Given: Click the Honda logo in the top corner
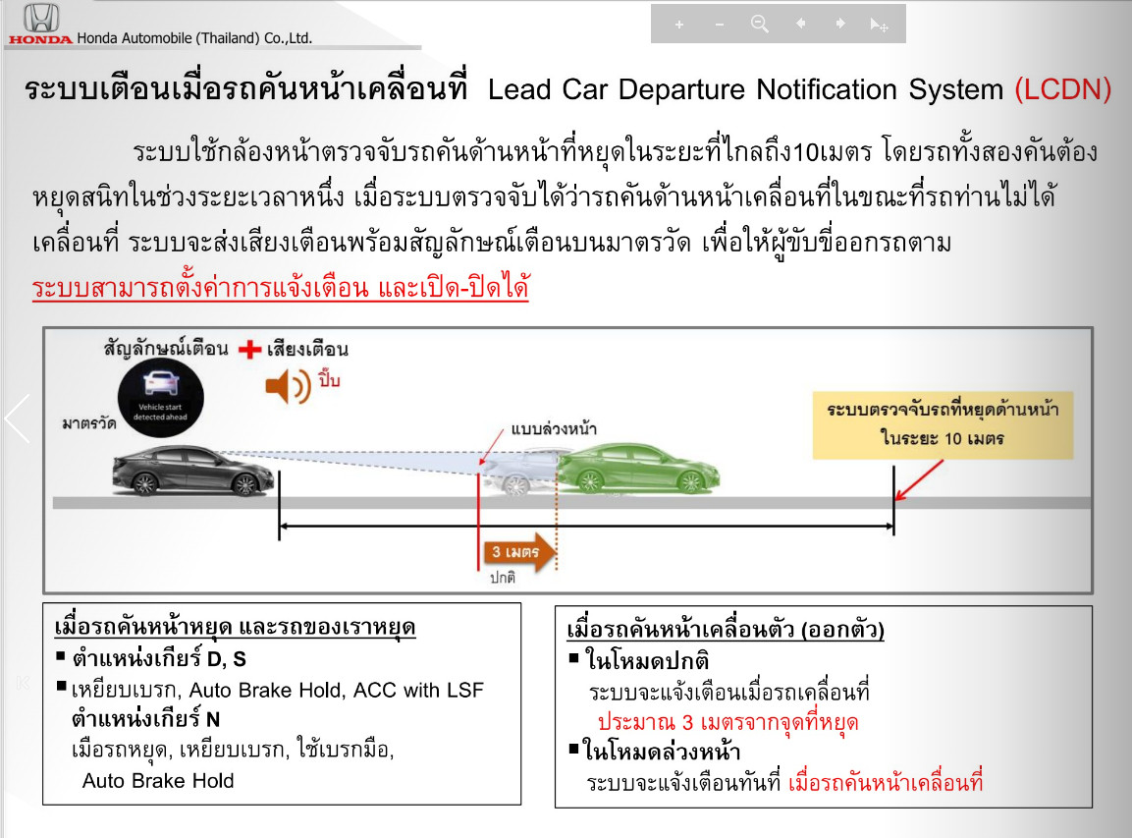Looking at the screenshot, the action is point(40,24).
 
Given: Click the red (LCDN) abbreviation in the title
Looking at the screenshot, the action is point(1062,89).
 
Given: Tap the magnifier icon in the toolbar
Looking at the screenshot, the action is point(760,24).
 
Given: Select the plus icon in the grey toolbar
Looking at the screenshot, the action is point(678,25).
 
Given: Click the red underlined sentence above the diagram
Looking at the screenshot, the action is point(280,288).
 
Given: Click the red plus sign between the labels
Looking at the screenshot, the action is point(249,350).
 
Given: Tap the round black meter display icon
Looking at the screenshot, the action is point(161,397).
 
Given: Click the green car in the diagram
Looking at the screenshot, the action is point(638,469).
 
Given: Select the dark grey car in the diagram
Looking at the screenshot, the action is point(193,471).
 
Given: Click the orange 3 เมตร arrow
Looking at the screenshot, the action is point(519,552).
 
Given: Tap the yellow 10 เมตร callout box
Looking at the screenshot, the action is point(943,424).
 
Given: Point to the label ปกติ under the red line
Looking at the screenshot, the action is point(503,578).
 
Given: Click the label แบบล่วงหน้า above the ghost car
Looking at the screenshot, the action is point(554,429).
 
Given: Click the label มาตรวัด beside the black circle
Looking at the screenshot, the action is point(88,423).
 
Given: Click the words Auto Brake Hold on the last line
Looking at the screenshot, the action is point(158,781).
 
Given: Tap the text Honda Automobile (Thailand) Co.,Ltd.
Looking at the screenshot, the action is point(195,37).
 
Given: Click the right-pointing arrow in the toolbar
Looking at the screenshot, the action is point(840,24).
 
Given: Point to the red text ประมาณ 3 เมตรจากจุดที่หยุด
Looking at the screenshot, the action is point(728,722).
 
